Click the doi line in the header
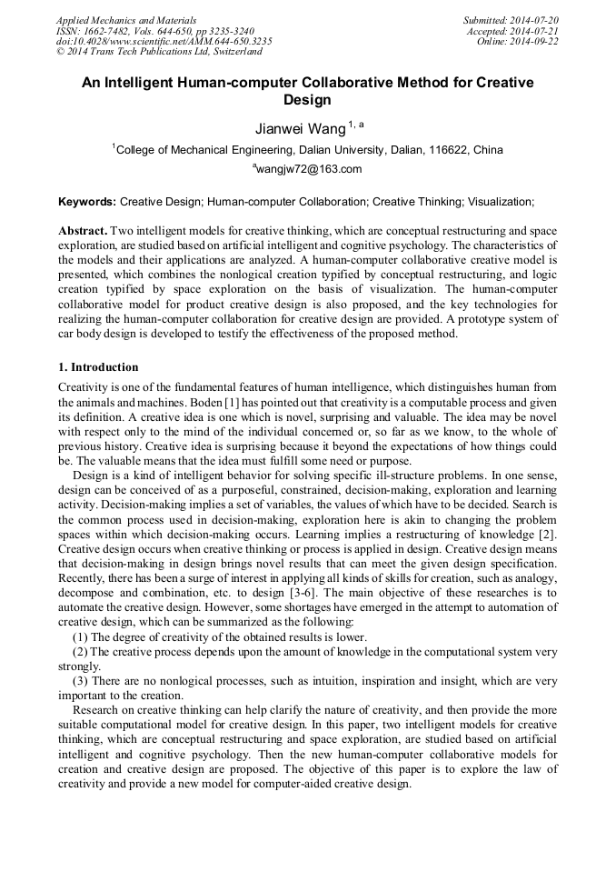164,42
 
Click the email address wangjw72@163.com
310,169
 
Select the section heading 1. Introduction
98,368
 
